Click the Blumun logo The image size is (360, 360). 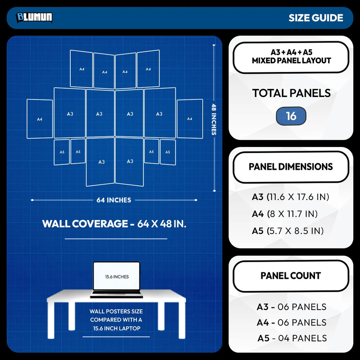click(34, 18)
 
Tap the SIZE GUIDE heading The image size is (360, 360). click(316, 18)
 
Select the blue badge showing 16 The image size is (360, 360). click(291, 116)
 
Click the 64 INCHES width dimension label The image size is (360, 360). click(114, 200)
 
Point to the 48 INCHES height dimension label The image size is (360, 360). click(214, 119)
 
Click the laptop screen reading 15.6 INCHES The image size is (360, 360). click(117, 276)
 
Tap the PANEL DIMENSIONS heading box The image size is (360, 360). click(291, 167)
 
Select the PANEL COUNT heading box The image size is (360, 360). click(291, 276)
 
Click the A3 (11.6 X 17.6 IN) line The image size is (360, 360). click(290, 197)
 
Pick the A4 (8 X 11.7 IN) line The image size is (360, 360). click(285, 214)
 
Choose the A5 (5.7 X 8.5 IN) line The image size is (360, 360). click(288, 231)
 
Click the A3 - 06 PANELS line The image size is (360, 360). click(291, 307)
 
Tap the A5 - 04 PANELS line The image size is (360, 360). click(292, 338)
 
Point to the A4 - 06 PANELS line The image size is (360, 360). click(291, 323)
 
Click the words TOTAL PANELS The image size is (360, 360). click(291, 93)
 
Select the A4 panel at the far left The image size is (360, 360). click(40, 119)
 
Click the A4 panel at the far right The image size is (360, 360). click(190, 119)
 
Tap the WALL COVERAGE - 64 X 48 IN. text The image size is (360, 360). click(114, 224)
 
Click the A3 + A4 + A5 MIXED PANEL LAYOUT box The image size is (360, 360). click(291, 57)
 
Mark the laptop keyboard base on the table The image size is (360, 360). click(116, 294)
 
